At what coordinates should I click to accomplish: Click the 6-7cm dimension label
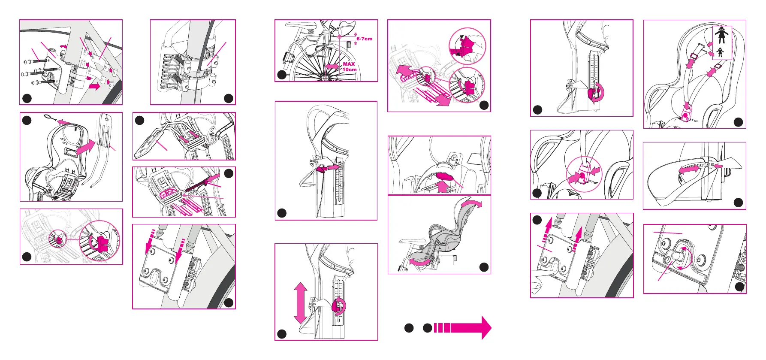[x=364, y=39]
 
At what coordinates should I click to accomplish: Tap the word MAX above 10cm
[x=349, y=64]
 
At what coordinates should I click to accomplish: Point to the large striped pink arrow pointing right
[x=463, y=328]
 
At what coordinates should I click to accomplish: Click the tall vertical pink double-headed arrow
[x=300, y=303]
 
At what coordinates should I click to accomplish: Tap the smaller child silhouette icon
[x=720, y=52]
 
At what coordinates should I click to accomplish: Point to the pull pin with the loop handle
[x=51, y=117]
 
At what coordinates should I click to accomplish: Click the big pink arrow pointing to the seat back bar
[x=85, y=148]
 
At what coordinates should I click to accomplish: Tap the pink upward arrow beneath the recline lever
[x=442, y=187]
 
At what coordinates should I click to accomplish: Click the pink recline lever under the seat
[x=445, y=176]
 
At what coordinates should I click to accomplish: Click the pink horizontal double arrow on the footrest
[x=688, y=170]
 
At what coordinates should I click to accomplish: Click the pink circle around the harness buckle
[x=584, y=175]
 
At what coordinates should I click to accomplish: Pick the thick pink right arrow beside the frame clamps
[x=94, y=86]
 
